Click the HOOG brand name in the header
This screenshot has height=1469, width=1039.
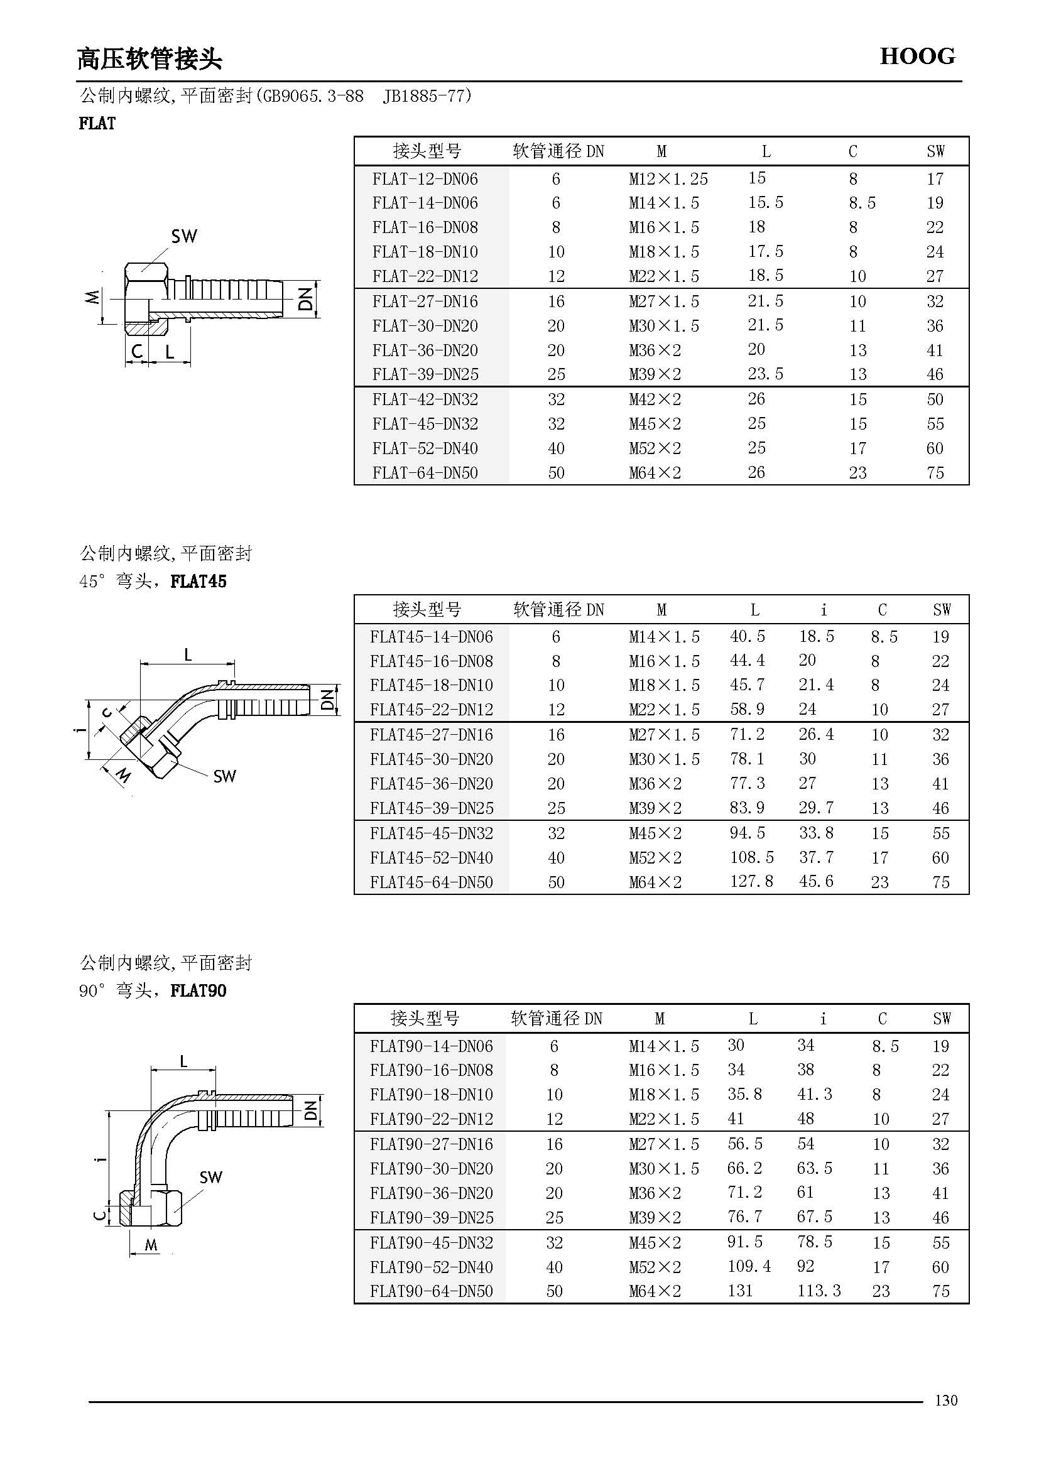coord(917,57)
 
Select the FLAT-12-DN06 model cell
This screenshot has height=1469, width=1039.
coord(425,179)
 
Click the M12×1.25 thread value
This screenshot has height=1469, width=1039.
coord(668,179)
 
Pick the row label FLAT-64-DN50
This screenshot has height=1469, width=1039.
coord(425,473)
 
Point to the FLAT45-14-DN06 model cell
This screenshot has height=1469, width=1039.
coord(431,637)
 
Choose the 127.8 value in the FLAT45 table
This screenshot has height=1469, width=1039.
coord(751,882)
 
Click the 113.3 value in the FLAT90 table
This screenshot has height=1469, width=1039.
coord(819,1291)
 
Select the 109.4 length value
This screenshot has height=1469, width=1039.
coord(749,1266)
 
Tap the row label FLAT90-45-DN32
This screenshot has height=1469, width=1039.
coord(431,1242)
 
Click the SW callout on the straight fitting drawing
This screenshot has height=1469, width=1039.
coord(183,236)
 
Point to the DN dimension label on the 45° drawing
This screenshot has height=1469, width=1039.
coord(327,699)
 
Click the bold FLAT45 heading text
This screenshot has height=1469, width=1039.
coord(199,581)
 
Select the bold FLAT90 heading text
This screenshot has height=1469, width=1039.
coord(199,990)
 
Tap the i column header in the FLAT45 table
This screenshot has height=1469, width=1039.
coord(824,609)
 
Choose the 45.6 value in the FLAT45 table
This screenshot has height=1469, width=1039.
coord(816,882)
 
